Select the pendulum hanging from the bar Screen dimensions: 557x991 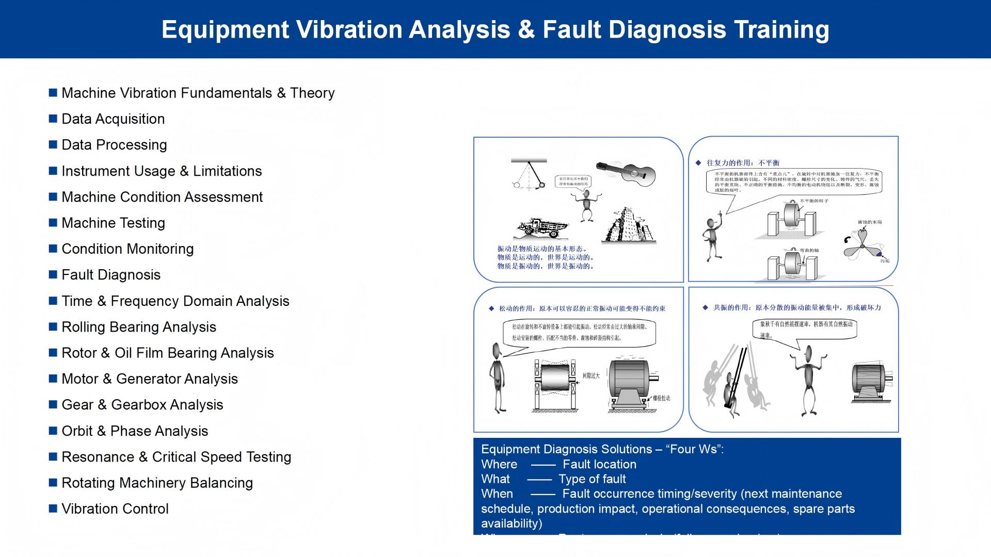(x=530, y=175)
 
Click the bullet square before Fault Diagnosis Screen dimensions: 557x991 (x=53, y=274)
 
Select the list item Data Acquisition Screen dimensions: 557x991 (x=113, y=119)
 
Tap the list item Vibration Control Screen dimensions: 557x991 (x=115, y=509)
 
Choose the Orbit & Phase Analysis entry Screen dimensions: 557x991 (x=134, y=431)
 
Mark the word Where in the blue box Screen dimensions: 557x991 (x=499, y=464)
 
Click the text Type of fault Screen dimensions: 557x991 (x=592, y=479)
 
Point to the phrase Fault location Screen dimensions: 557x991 (x=599, y=464)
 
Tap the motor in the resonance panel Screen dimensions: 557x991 (x=871, y=383)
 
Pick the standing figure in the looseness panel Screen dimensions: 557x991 (x=497, y=378)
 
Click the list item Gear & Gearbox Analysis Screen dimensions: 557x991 (x=142, y=405)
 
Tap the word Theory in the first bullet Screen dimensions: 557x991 (x=312, y=93)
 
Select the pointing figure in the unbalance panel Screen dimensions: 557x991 (x=713, y=237)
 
